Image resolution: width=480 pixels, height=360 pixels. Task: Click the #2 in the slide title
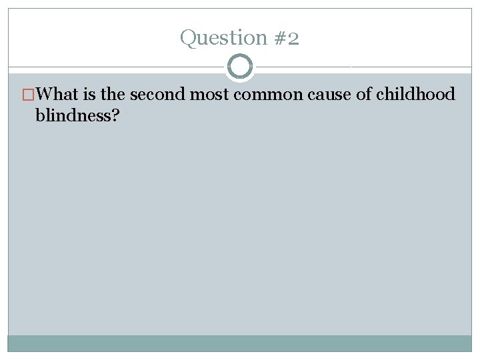(x=285, y=38)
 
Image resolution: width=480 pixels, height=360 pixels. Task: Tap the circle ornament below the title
(x=240, y=67)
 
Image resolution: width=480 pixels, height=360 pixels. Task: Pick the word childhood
(x=415, y=95)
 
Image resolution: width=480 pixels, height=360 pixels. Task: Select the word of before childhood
(x=364, y=95)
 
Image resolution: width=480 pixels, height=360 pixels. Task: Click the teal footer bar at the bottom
(x=240, y=343)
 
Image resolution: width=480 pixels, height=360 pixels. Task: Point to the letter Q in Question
(x=187, y=38)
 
